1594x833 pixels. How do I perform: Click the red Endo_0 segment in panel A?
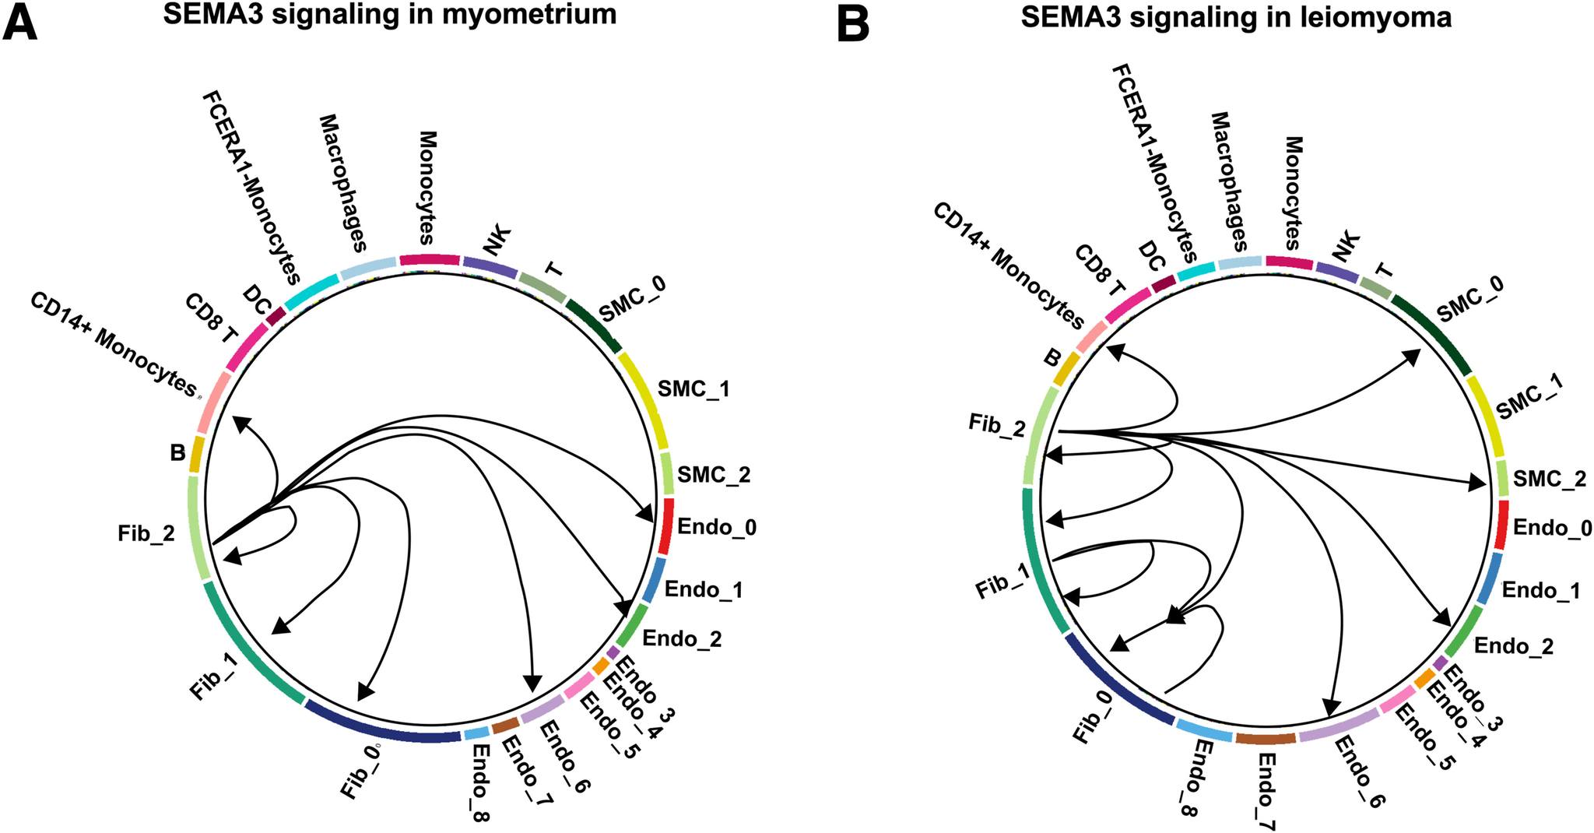point(666,526)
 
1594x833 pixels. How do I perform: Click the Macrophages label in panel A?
point(342,184)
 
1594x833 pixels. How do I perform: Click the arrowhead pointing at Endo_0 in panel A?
point(644,515)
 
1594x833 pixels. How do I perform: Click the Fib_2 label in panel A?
point(146,534)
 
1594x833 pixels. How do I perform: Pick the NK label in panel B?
point(1346,248)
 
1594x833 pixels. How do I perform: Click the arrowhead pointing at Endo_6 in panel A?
point(533,683)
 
